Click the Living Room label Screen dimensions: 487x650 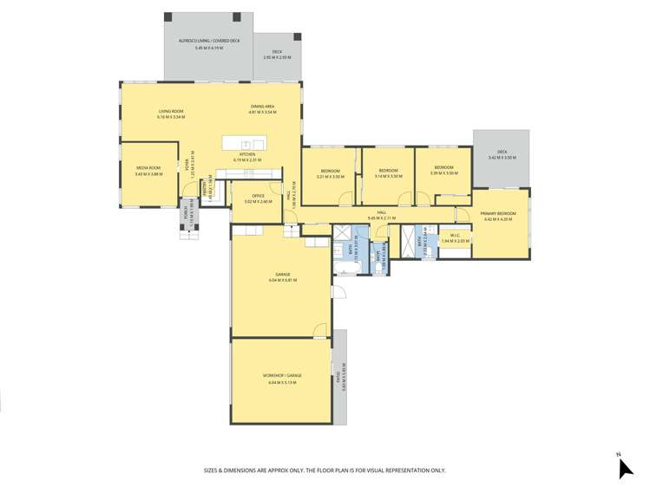170,111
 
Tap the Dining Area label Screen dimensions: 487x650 262,107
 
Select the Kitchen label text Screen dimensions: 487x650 247,154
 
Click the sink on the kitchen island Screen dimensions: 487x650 246,144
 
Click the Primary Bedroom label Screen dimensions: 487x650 498,213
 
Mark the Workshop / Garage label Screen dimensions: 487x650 281,376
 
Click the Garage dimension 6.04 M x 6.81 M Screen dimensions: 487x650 281,280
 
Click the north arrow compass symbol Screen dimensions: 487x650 625,467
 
